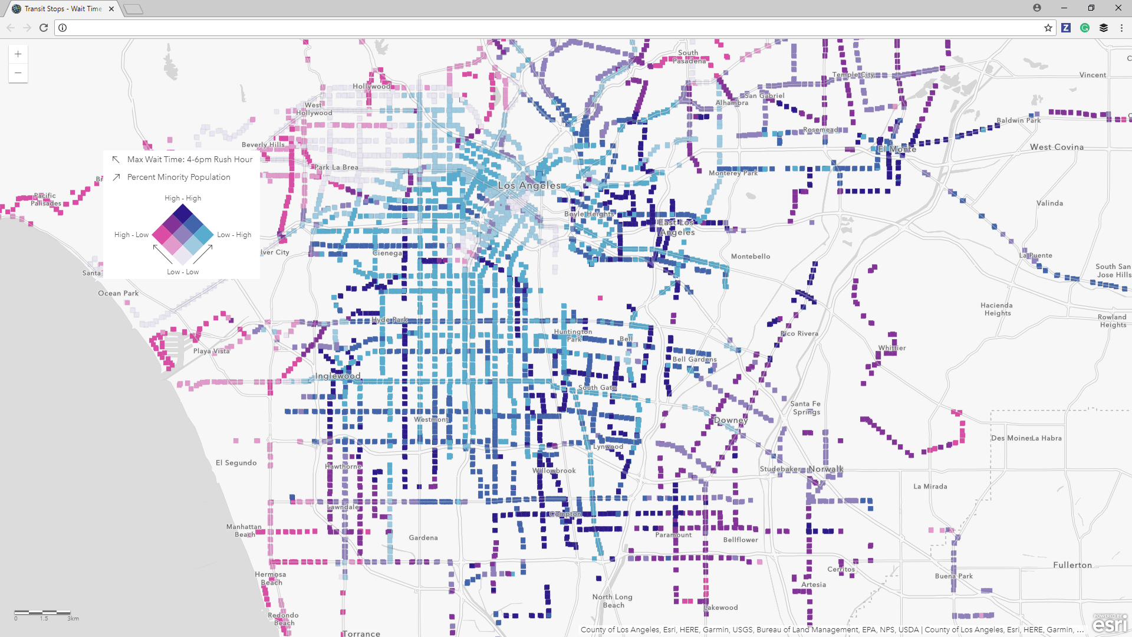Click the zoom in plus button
18,54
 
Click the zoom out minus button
18,73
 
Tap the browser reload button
44,28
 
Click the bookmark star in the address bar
1048,28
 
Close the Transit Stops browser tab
111,9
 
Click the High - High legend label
183,198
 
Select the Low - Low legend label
183,272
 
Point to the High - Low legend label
131,235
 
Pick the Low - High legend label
234,235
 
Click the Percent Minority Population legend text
179,177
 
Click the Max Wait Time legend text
190,159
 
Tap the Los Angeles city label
529,185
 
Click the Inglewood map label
338,376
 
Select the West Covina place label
1057,147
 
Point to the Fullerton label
1072,565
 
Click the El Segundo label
236,463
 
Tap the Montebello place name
751,257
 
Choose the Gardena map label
423,538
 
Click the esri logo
1110,623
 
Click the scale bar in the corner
43,613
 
